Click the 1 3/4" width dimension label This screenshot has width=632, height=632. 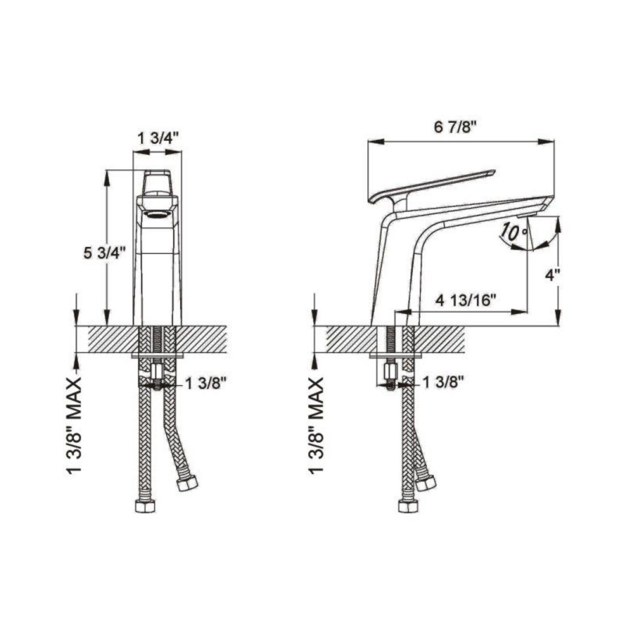[158, 139]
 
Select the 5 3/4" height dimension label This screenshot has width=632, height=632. [105, 253]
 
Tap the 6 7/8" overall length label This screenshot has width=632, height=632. [455, 128]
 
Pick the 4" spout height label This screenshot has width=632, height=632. [552, 275]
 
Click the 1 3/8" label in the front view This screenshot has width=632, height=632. [206, 384]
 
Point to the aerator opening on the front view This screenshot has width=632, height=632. [157, 214]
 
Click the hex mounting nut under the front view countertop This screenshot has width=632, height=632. [157, 372]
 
